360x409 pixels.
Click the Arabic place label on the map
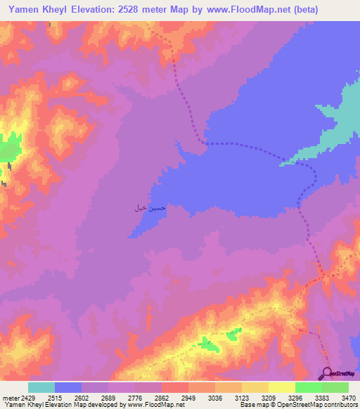click(150, 208)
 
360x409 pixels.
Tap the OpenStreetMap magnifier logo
click(328, 373)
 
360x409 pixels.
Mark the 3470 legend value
click(348, 397)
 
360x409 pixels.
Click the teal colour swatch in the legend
click(41, 387)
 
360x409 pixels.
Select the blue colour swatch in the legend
click(68, 387)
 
